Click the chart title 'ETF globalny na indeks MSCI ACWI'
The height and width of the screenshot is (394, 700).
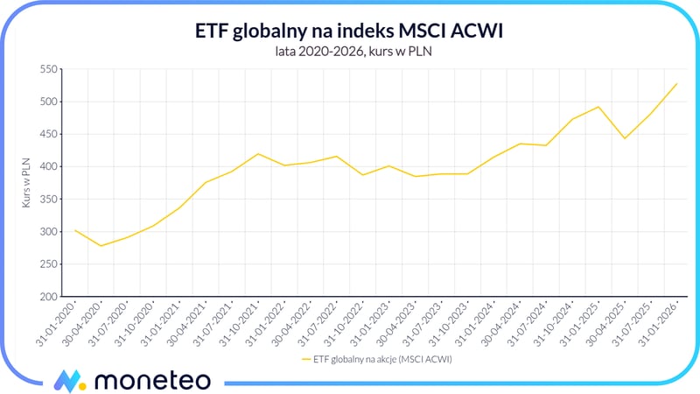(349, 31)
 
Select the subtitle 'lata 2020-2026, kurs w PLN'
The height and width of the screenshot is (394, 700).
(349, 51)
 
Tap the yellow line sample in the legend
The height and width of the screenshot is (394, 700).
(306, 359)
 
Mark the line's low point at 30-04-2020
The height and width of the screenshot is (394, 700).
(101, 246)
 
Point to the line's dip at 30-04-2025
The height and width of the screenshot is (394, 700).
(625, 138)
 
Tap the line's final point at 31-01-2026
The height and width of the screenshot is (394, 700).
(676, 84)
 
